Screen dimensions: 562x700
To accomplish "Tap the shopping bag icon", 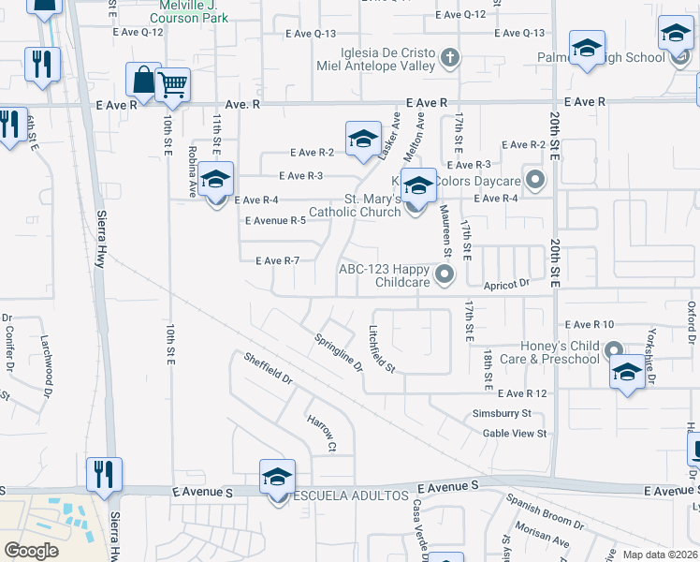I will coord(143,81).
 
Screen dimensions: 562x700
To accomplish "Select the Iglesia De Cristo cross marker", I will coord(450,58).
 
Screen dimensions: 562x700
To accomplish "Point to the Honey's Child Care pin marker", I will coord(615,350).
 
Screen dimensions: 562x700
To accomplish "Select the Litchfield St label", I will coord(382,348).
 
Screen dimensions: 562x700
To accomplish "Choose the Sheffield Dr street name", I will coord(269,370).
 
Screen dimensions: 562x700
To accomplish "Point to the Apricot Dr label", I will coord(505,282).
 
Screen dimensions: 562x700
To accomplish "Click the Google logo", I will coord(32,551).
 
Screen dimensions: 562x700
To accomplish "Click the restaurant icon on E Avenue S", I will coord(103,474).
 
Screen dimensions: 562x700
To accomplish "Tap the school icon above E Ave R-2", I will coord(363,140).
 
